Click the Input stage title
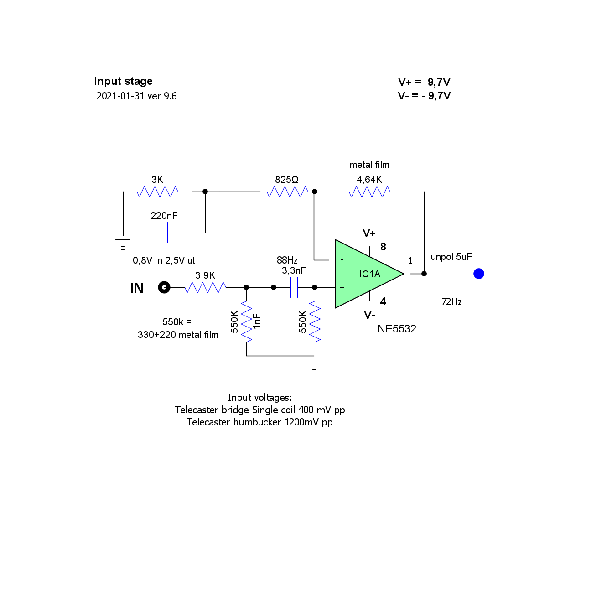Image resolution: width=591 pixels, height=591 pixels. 123,81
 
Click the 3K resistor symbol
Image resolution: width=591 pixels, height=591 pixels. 157,192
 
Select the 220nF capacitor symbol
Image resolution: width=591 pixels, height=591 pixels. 164,233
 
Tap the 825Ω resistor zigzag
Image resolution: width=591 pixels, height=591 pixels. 287,192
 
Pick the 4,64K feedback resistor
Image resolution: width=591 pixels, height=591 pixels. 369,192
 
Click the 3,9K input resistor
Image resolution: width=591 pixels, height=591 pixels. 205,287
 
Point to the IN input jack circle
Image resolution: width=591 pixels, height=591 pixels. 164,287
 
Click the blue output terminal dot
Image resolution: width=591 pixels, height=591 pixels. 479,274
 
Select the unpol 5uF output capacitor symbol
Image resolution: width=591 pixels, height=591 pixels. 451,274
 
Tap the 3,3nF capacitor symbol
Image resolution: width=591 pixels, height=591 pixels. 294,287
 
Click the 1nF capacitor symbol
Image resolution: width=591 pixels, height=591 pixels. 274,321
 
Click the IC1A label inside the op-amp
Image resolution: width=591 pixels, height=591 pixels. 369,274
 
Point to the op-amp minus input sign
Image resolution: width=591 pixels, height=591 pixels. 342,260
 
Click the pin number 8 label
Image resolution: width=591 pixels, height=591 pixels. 383,247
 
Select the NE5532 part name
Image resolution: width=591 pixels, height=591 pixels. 397,329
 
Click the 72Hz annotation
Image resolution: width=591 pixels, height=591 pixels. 451,302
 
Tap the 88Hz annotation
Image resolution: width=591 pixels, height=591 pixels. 287,260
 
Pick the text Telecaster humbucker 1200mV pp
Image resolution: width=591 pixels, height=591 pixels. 259,422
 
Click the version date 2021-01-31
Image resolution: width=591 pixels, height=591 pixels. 120,96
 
